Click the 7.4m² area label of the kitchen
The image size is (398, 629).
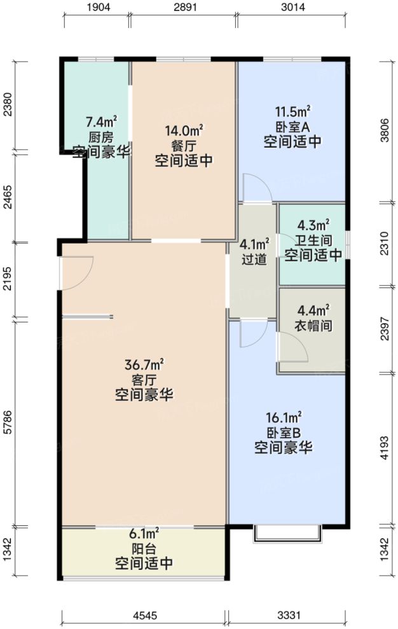[x=101, y=122]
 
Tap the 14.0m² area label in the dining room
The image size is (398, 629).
[x=184, y=131]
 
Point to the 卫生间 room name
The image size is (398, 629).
[x=313, y=240]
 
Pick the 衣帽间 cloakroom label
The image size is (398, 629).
[x=313, y=327]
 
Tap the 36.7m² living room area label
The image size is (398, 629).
[x=144, y=364]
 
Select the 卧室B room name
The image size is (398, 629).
[x=283, y=432]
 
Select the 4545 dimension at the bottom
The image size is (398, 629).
[x=144, y=616]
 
